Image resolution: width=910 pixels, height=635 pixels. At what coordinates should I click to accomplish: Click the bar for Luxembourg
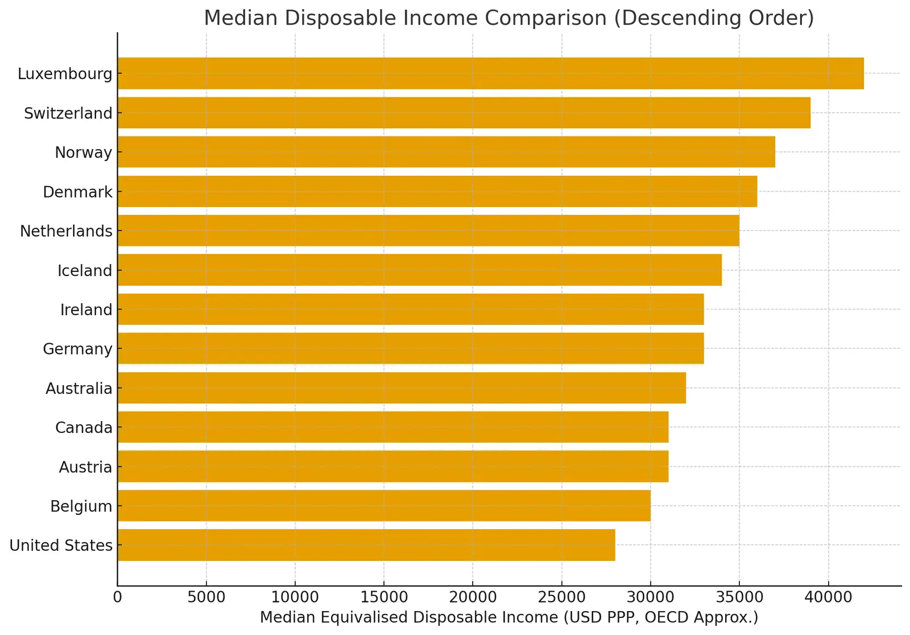[x=490, y=73]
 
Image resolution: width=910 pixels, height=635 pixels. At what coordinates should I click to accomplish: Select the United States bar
[x=366, y=545]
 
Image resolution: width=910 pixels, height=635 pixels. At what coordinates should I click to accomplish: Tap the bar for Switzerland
[x=464, y=113]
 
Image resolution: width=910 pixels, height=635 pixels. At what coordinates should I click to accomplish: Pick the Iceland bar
[x=419, y=270]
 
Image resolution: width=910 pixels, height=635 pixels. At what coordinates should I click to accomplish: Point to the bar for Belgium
[x=384, y=506]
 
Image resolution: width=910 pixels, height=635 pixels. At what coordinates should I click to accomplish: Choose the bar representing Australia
[x=402, y=388]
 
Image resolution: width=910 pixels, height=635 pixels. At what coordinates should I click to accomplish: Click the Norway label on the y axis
[x=83, y=152]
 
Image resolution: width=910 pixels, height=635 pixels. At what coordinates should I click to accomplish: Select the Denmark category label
[x=77, y=192]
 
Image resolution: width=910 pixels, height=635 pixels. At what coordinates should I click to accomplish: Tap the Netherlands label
[x=66, y=231]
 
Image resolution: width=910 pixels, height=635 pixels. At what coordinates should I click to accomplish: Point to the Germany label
[x=77, y=349]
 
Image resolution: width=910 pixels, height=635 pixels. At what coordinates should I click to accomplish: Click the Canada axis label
[x=84, y=427]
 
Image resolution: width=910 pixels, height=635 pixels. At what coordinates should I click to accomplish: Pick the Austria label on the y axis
[x=85, y=467]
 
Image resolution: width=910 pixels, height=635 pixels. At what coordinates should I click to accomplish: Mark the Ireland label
[x=86, y=310]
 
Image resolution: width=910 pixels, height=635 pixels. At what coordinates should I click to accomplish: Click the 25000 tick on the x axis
[x=561, y=597]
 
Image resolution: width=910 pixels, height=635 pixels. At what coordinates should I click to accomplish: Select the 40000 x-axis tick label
[x=828, y=597]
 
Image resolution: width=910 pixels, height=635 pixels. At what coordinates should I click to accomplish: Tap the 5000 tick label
[x=206, y=597]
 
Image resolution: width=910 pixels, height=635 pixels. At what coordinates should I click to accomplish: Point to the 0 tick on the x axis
[x=118, y=597]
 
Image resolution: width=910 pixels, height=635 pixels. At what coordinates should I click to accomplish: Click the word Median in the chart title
[x=241, y=18]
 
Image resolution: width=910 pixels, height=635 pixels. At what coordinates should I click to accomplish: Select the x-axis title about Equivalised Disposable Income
[x=509, y=617]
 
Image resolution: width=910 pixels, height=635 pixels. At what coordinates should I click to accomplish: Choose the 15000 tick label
[x=384, y=597]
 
